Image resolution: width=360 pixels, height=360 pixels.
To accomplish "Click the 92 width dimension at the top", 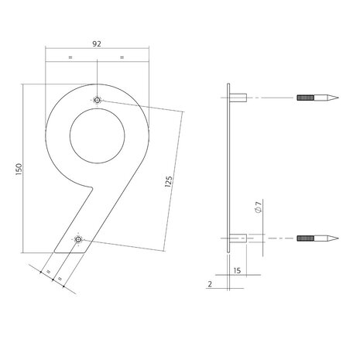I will tap(96, 45).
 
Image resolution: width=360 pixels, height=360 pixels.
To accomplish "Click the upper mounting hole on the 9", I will tap(96, 100).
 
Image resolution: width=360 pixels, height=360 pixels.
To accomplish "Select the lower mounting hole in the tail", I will tap(77, 241).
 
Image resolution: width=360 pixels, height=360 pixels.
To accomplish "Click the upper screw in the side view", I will tap(317, 98).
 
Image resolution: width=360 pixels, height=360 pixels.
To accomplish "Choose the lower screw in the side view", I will tap(317, 237).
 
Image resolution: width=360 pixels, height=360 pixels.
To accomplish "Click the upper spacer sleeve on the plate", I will tap(239, 98).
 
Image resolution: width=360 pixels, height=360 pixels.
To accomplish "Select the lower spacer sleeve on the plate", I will tap(239, 237).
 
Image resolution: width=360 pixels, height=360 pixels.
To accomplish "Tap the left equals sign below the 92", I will tap(70, 58).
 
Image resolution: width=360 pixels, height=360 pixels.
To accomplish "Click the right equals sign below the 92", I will tap(122, 58).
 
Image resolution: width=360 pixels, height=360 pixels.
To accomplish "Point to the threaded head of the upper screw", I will tap(304, 98).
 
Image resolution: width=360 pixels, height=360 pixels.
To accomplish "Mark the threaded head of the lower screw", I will tap(304, 237).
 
